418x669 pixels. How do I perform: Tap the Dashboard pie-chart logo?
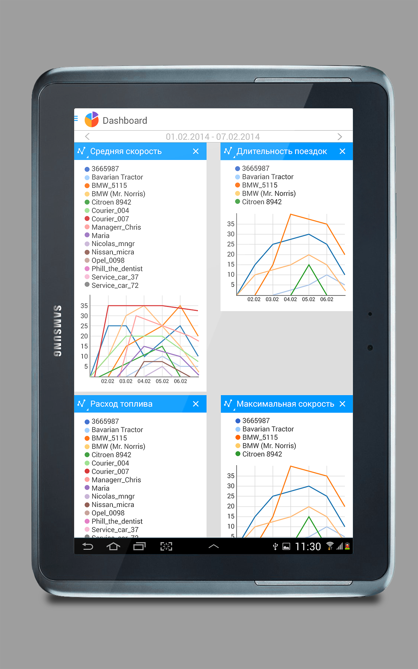click(x=91, y=119)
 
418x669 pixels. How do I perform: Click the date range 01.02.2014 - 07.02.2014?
click(x=213, y=137)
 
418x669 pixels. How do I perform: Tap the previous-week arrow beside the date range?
click(x=87, y=136)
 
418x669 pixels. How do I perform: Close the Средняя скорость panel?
click(x=196, y=151)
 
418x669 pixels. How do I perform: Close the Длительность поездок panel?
click(x=342, y=151)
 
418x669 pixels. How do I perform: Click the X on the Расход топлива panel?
click(x=196, y=404)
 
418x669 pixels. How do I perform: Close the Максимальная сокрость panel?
click(x=342, y=404)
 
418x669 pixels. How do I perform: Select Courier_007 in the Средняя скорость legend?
click(x=110, y=219)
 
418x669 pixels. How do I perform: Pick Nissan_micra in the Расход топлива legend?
click(x=113, y=505)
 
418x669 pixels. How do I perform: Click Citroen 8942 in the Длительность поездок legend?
click(x=262, y=202)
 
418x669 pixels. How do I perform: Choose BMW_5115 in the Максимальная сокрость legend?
click(x=260, y=437)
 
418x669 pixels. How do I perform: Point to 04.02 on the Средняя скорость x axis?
click(x=144, y=381)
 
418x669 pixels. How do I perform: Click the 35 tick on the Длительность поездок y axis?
click(x=231, y=224)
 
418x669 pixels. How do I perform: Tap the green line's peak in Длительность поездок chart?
click(x=309, y=265)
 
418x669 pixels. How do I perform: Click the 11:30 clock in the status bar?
click(x=308, y=546)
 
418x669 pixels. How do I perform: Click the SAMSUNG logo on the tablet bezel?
click(x=57, y=331)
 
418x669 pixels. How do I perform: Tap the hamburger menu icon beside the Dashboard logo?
click(x=76, y=118)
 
